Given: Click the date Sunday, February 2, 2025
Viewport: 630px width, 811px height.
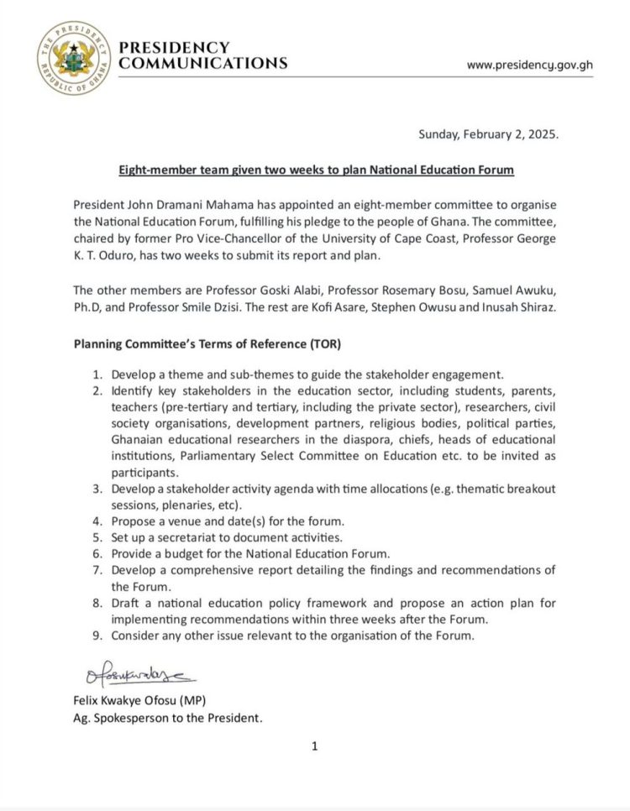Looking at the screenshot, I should pyautogui.click(x=494, y=134).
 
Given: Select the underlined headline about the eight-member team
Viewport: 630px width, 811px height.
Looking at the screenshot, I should pyautogui.click(x=315, y=170).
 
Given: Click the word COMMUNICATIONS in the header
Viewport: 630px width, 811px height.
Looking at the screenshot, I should pyautogui.click(x=203, y=64).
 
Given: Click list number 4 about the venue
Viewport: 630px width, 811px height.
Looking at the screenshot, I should pyautogui.click(x=97, y=521).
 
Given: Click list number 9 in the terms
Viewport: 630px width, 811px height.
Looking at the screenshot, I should pyautogui.click(x=97, y=636).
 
